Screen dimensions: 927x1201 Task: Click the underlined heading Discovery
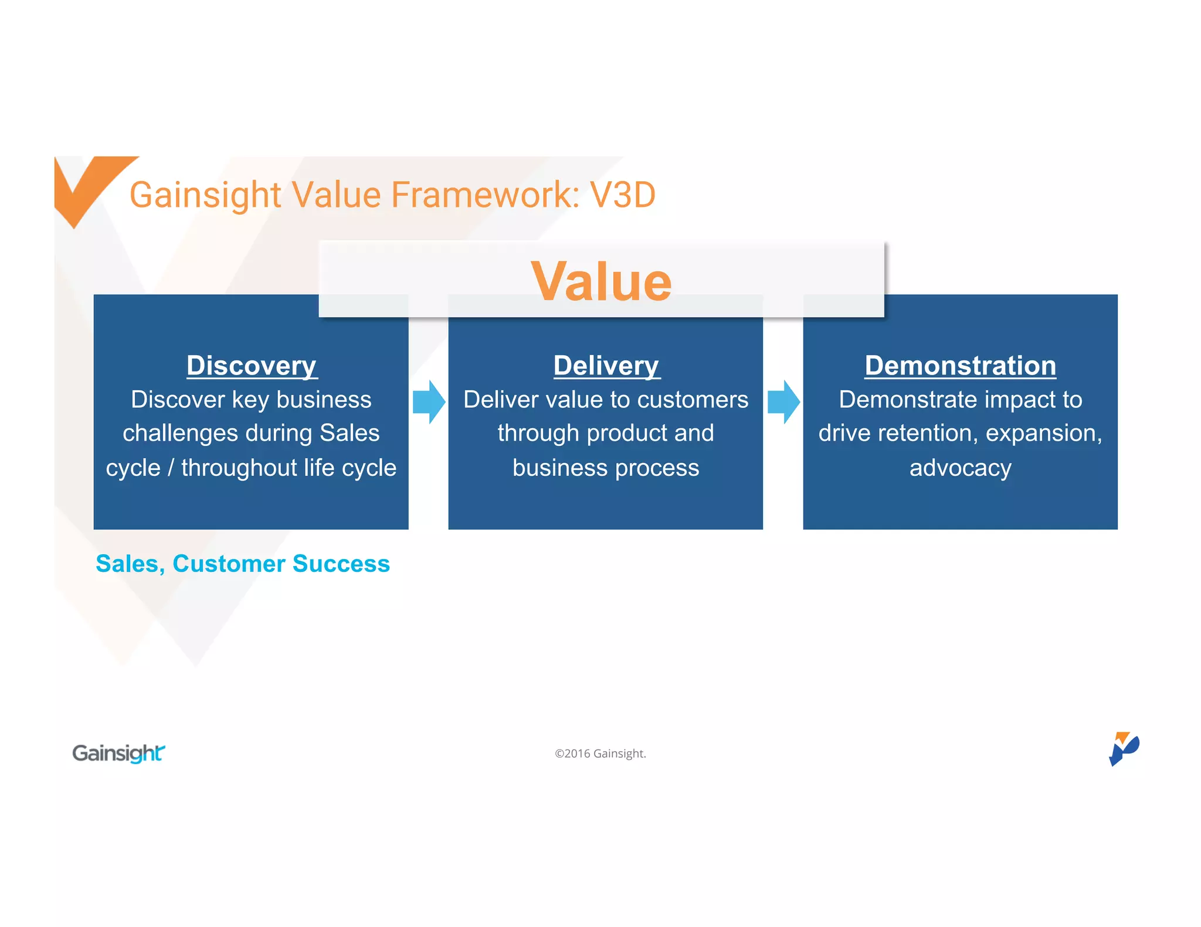tap(252, 366)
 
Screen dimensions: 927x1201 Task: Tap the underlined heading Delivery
tap(606, 366)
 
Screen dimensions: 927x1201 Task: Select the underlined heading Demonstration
tap(960, 366)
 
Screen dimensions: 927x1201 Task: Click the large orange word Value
tap(601, 282)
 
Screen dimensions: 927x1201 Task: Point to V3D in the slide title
tap(622, 195)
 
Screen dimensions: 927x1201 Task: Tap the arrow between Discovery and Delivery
tap(429, 402)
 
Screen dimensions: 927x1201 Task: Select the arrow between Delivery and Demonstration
tap(783, 402)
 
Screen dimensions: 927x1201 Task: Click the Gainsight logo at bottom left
tap(118, 753)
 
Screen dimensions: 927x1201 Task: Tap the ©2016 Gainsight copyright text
tap(600, 754)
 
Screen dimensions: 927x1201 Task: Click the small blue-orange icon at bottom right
tap(1124, 748)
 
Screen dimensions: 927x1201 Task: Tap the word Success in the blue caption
tap(341, 564)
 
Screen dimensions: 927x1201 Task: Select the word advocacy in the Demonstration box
tap(960, 468)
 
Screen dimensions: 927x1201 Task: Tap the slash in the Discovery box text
tap(171, 468)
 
